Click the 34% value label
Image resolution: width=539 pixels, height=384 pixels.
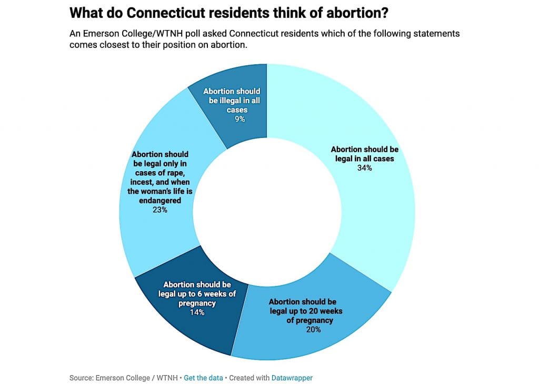[364, 168]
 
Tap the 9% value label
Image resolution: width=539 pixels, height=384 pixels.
[240, 119]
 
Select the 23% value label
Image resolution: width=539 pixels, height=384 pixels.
[160, 210]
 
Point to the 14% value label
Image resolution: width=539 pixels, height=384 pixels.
[197, 312]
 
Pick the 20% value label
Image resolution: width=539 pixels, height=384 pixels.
[313, 330]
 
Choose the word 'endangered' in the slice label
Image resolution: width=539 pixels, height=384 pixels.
[159, 200]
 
